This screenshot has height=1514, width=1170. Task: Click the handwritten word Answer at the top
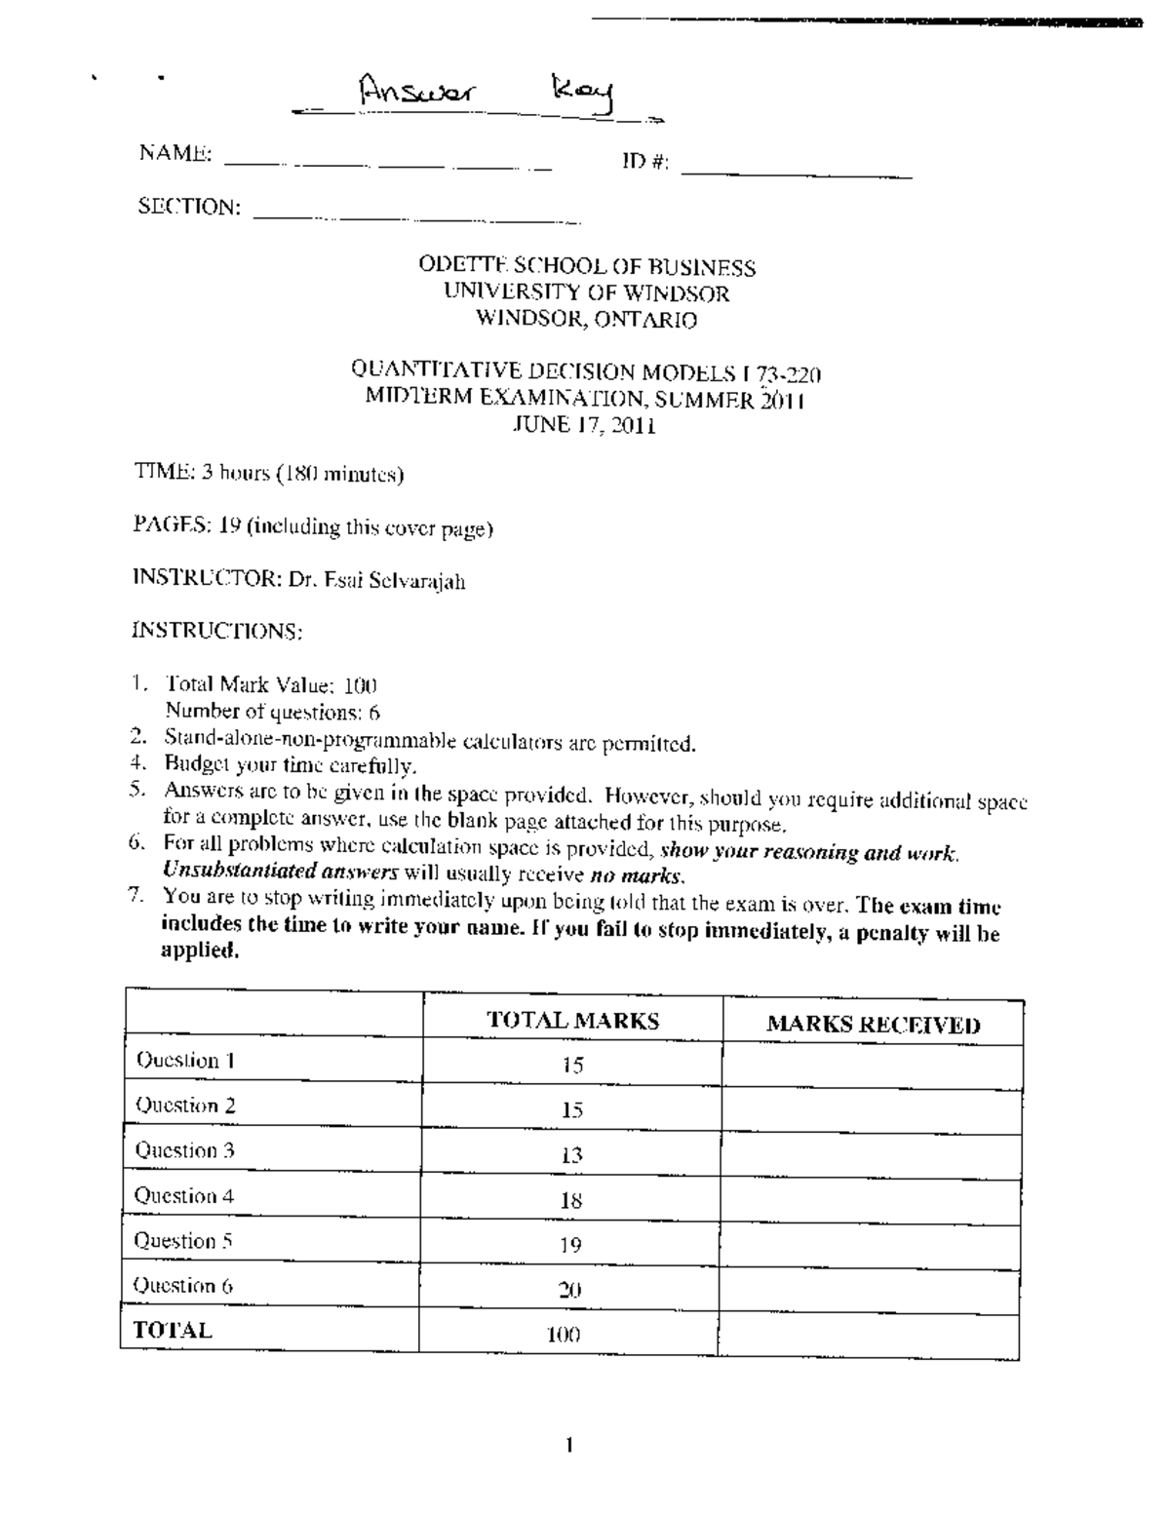pos(416,94)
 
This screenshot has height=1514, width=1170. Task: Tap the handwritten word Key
pos(583,97)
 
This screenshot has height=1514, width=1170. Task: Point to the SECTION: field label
pos(189,207)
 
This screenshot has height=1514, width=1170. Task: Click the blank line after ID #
pos(797,175)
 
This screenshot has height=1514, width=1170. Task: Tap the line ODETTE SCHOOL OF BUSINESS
pos(587,267)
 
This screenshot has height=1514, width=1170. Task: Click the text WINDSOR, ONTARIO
pos(586,319)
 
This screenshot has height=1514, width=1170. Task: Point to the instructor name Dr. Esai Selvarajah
pos(375,581)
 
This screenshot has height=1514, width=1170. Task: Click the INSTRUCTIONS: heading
pos(217,631)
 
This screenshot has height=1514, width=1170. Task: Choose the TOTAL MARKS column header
pos(572,1021)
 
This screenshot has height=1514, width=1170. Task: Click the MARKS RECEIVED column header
pos(873,1025)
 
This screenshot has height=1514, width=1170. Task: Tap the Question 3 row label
pos(184,1150)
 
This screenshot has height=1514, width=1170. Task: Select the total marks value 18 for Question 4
pos(571,1200)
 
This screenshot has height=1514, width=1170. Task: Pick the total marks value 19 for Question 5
pos(571,1245)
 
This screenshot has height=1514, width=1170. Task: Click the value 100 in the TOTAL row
pos(564,1335)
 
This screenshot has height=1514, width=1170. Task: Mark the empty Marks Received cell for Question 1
pos(872,1066)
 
